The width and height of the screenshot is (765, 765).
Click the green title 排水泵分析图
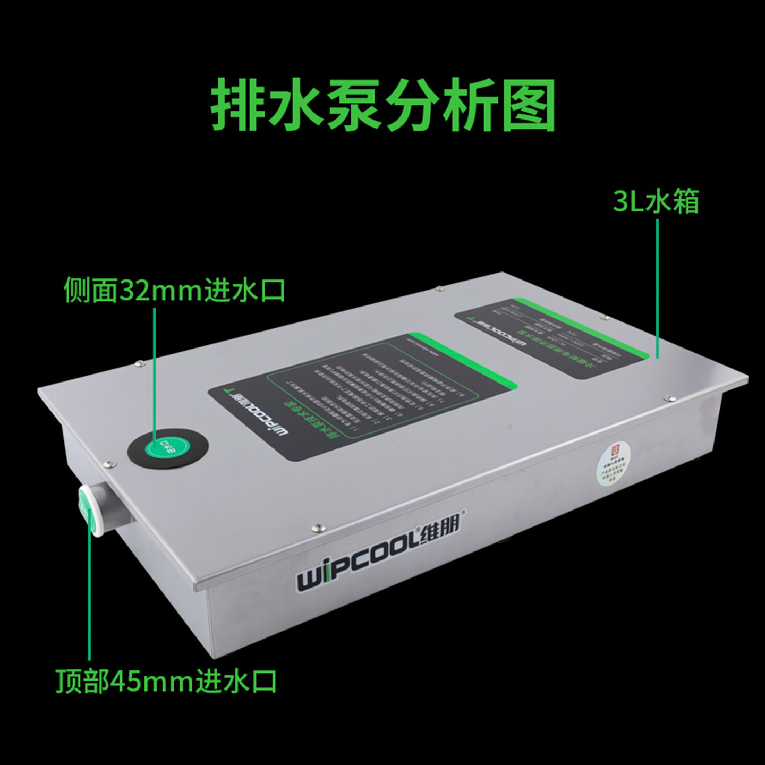[382, 105]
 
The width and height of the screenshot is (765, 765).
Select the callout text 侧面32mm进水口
[175, 290]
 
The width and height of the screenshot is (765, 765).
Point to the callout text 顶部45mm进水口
[166, 681]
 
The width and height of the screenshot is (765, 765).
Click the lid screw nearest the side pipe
[110, 464]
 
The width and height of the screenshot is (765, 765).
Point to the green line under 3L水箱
[657, 287]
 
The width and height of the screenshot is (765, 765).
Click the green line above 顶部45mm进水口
[89, 595]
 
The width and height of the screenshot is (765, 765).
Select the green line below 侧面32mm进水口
[155, 367]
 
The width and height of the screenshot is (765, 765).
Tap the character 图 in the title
[528, 105]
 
